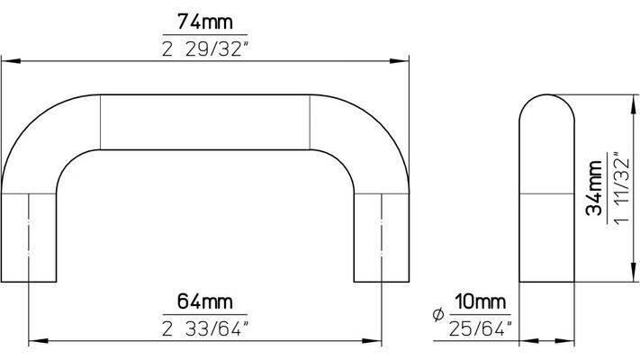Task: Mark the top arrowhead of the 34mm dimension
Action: coord(630,101)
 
